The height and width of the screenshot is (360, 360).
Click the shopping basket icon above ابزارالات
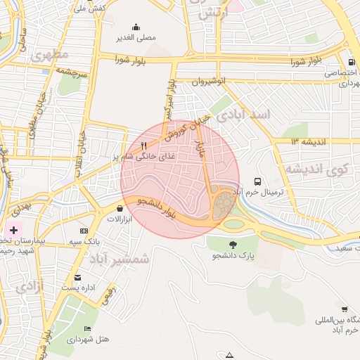point(120,208)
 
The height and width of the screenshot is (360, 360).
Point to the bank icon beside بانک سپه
point(84,231)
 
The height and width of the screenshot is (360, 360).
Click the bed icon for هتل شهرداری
point(87,328)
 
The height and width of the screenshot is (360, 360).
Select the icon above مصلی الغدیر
point(136,27)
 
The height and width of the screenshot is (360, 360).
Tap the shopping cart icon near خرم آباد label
point(345,309)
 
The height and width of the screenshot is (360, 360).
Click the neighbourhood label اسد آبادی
point(243,115)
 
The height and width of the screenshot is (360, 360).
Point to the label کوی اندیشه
point(316,169)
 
